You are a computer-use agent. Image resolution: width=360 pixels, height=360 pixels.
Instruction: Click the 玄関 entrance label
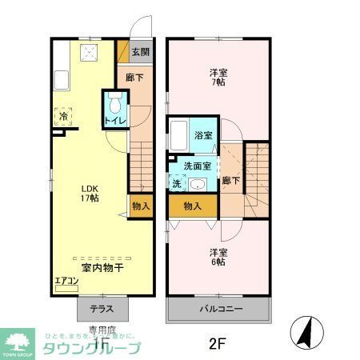140,54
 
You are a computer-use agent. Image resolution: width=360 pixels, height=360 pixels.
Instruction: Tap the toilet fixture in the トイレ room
114,104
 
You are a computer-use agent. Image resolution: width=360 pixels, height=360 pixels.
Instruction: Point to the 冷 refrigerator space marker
64,117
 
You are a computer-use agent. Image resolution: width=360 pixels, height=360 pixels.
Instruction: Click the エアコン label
66,281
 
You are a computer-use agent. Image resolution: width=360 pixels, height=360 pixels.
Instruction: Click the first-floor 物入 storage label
140,206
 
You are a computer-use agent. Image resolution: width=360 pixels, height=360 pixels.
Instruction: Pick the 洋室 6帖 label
218,257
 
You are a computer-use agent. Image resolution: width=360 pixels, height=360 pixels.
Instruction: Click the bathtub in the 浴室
179,134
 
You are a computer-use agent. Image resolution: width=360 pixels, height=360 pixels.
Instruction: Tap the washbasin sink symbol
196,184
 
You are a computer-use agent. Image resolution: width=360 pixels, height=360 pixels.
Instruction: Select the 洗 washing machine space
176,183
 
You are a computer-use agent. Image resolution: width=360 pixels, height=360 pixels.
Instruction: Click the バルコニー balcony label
218,309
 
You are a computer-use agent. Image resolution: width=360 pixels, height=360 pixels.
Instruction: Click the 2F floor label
216,345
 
